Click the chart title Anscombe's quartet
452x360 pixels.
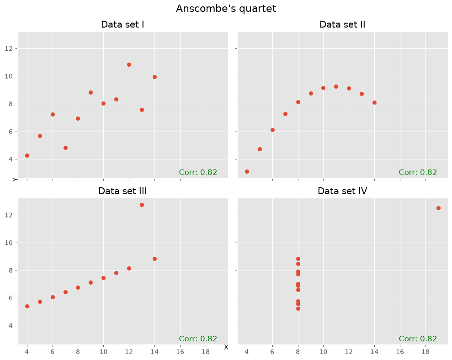coord(226,9)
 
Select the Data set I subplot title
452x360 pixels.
coord(122,25)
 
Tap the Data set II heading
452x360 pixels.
coord(342,25)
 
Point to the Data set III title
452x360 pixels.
coord(122,191)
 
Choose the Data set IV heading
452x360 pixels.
coord(342,191)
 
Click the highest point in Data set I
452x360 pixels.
coord(129,64)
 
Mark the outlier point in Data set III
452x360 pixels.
coord(142,205)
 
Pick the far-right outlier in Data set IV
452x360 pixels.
coord(438,208)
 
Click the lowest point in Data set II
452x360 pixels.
coord(247,171)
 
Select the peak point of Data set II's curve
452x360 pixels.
coord(336,86)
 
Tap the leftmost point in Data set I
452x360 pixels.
coord(27,156)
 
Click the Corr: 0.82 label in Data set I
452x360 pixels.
coord(198,172)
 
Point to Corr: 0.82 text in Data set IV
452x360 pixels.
coord(418,339)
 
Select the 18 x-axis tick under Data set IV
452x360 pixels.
coord(425,352)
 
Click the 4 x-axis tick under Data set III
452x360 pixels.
coord(27,352)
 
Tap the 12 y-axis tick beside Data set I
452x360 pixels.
coord(9,48)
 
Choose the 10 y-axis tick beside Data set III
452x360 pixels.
coord(9,243)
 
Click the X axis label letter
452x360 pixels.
coord(226,347)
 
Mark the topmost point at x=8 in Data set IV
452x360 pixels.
coord(298,259)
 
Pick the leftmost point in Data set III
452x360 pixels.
coord(27,307)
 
